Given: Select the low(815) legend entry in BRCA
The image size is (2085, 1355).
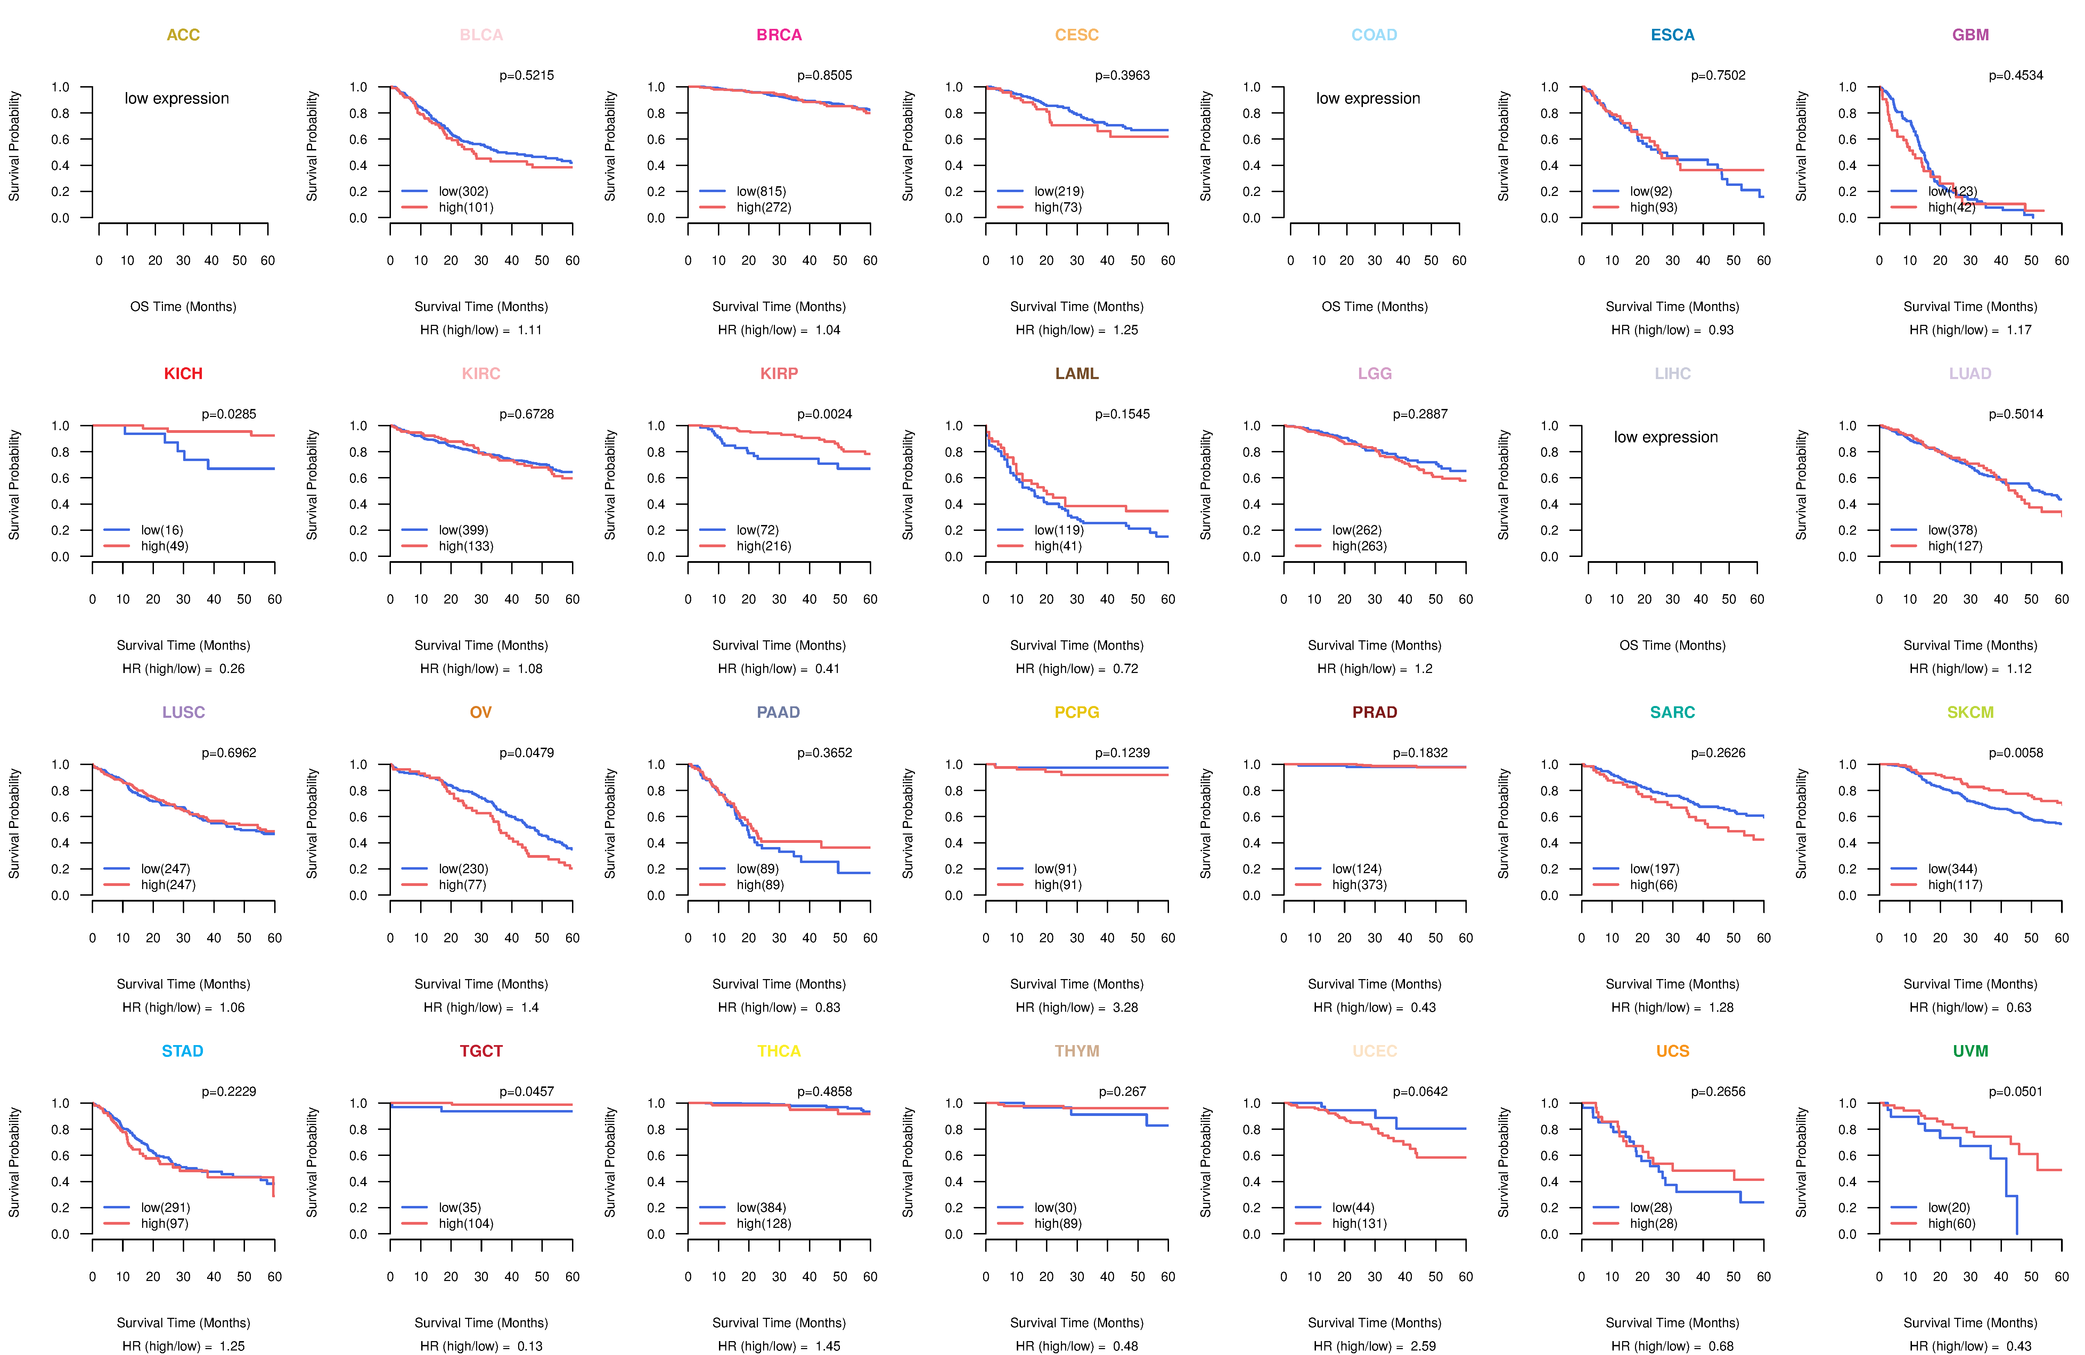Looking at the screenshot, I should tap(760, 191).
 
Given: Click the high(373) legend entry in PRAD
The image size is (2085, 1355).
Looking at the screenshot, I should tap(1359, 885).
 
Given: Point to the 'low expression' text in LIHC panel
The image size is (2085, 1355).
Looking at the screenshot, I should tap(1665, 437).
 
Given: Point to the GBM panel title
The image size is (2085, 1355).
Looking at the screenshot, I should tap(1970, 35).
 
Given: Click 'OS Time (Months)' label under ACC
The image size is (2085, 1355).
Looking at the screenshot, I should tap(183, 306).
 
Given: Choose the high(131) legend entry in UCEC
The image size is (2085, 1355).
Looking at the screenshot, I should tap(1359, 1224).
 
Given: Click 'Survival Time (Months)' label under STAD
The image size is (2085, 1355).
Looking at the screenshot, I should tap(183, 1323).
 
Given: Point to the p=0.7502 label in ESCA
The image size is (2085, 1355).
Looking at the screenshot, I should tap(1718, 75).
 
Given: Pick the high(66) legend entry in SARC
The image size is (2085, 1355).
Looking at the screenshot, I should tap(1654, 885).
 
